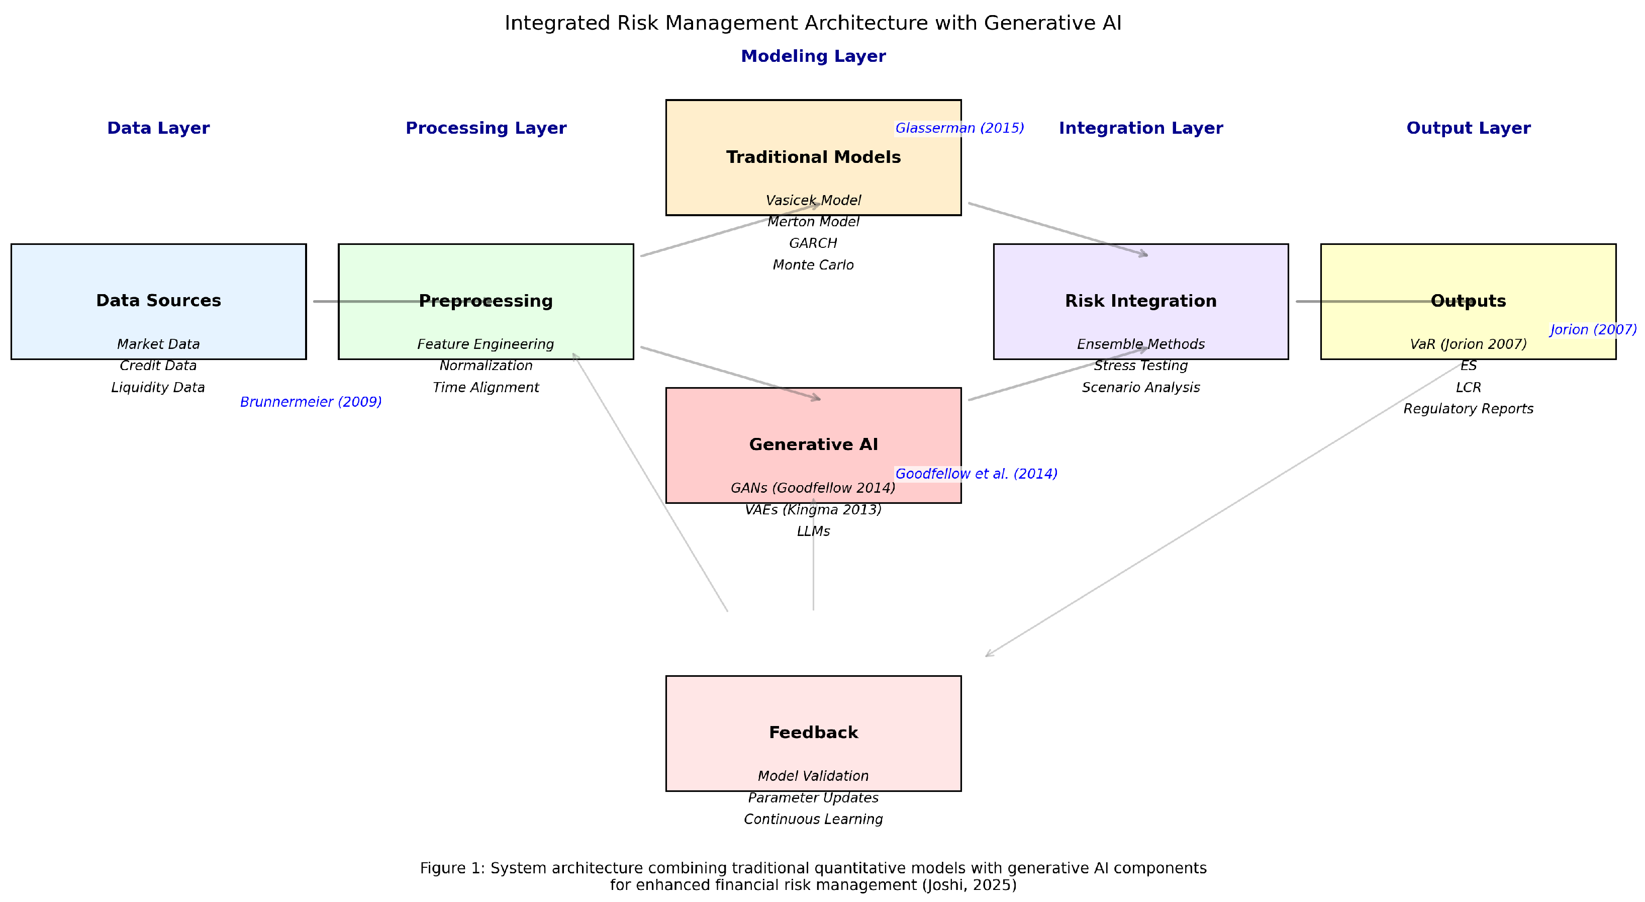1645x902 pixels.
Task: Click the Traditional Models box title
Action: point(813,157)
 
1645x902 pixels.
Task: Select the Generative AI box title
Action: point(813,444)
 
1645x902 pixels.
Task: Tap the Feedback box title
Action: point(813,733)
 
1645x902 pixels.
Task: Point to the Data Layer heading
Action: point(158,128)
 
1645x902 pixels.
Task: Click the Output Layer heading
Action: point(1468,128)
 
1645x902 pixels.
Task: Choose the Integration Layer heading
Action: point(1140,128)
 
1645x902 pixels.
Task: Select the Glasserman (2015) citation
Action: point(959,128)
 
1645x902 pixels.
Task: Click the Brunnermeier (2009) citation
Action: point(311,402)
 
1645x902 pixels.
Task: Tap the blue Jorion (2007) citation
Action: point(1593,330)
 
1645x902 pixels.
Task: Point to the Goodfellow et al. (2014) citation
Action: point(976,474)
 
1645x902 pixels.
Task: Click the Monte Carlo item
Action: point(813,265)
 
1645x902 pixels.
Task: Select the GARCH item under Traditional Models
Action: point(813,243)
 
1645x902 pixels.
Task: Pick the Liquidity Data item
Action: point(158,388)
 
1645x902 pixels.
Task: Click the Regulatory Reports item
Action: point(1468,409)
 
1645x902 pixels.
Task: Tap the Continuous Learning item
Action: point(813,820)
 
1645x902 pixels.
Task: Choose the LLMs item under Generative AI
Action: point(813,531)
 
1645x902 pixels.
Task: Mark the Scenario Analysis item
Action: point(1140,388)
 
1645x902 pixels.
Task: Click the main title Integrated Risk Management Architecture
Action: point(813,23)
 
